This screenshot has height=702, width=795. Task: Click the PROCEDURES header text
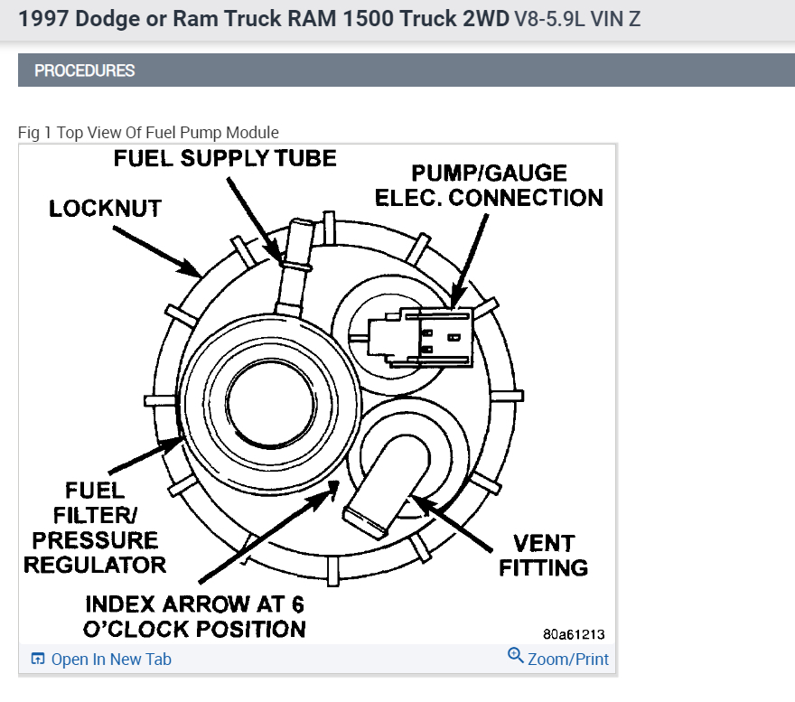[84, 70]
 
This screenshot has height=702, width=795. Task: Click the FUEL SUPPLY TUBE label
[224, 158]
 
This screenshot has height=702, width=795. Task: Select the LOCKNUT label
[105, 208]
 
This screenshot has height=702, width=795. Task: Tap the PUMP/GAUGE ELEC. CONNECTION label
[489, 185]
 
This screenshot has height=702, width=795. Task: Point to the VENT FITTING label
[543, 555]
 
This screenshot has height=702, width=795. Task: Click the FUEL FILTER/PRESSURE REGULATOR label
[94, 527]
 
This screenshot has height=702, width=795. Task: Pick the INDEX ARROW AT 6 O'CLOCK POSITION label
[194, 616]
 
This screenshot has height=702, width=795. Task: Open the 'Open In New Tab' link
[111, 660]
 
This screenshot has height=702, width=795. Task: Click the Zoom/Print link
[567, 660]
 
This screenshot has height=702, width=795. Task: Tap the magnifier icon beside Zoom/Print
[516, 657]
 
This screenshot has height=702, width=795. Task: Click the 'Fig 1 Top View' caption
[148, 132]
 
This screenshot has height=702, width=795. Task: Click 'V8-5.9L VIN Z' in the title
[578, 19]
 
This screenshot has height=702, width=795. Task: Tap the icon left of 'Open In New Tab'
[38, 659]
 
